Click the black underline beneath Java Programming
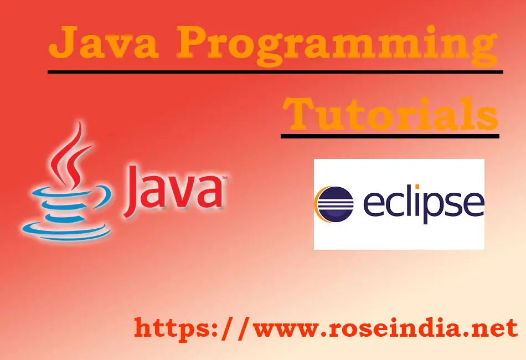tap(275, 72)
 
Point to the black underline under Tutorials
tap(390, 136)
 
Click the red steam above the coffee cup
tap(70, 155)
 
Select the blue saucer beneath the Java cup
tap(66, 232)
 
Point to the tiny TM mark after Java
tap(224, 177)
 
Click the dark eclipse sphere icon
tap(334, 204)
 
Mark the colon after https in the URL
tap(215, 330)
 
